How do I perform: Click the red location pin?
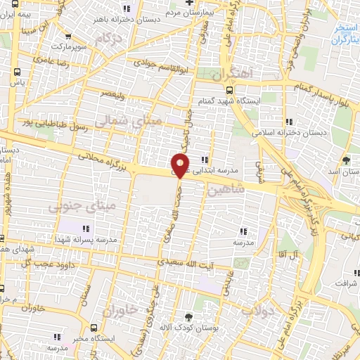[x=181, y=166]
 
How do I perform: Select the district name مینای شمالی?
[x=137, y=121]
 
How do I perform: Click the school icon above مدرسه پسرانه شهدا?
[x=86, y=229]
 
